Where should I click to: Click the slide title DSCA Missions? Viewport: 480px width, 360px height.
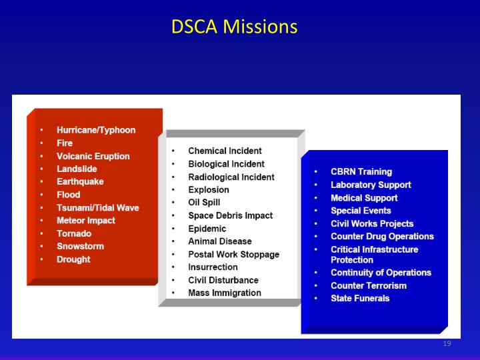pyautogui.click(x=234, y=27)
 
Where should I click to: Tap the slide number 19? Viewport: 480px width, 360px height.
pyautogui.click(x=447, y=344)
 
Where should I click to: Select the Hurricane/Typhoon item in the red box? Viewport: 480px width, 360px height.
pyautogui.click(x=96, y=130)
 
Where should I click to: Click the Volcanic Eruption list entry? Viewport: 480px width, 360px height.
pyautogui.click(x=93, y=156)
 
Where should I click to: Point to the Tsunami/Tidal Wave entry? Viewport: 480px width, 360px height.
pyautogui.click(x=98, y=207)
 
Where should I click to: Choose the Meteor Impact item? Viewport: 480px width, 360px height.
pyautogui.click(x=86, y=221)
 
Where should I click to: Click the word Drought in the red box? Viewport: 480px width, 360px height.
pyautogui.click(x=73, y=259)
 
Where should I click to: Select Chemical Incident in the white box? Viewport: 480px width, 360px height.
pyautogui.click(x=225, y=151)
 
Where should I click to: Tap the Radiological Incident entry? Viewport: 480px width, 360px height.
pyautogui.click(x=231, y=177)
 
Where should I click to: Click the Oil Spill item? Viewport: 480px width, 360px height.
pyautogui.click(x=204, y=203)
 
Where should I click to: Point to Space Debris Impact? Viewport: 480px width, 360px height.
pyautogui.click(x=230, y=215)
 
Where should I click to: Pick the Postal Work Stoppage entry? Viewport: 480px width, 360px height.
pyautogui.click(x=233, y=254)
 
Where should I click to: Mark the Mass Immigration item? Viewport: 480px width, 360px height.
pyautogui.click(x=225, y=293)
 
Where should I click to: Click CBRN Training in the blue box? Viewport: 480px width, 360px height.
pyautogui.click(x=361, y=172)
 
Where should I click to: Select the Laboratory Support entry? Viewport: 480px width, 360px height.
pyautogui.click(x=371, y=185)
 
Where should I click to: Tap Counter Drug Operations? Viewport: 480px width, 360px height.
pyautogui.click(x=382, y=237)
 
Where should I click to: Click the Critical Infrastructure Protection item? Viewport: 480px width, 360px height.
pyautogui.click(x=374, y=255)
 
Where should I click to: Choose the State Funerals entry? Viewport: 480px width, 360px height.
pyautogui.click(x=360, y=298)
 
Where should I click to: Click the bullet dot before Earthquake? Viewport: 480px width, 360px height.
pyautogui.click(x=41, y=182)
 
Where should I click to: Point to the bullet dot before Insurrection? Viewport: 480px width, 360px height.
pyautogui.click(x=173, y=267)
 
